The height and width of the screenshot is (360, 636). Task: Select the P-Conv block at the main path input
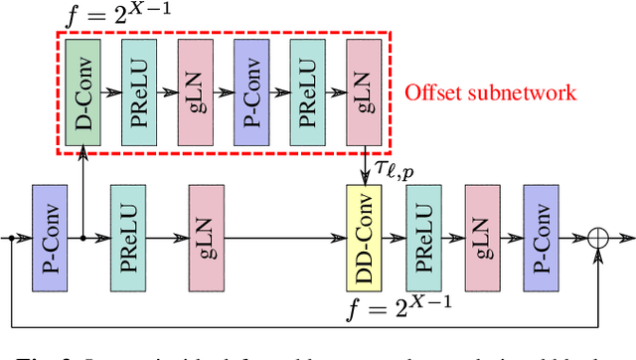point(49,238)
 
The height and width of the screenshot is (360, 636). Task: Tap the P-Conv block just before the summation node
point(540,238)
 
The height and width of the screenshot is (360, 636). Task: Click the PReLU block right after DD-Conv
point(421,238)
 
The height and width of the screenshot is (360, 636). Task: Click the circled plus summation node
point(597,239)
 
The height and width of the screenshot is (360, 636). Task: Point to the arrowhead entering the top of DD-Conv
point(361,180)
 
